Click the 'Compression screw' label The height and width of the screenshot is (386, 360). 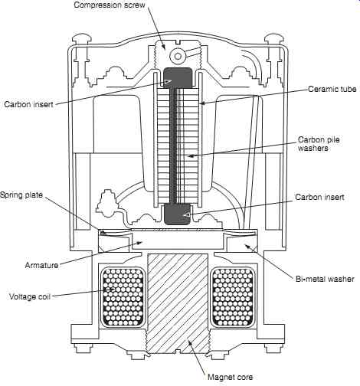110,5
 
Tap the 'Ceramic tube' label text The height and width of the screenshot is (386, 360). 332,89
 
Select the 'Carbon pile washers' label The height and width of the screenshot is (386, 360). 319,144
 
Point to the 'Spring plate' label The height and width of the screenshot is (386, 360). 21,195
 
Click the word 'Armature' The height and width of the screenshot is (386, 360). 41,265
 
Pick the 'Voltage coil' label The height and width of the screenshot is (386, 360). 30,296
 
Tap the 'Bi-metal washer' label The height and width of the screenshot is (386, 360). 325,279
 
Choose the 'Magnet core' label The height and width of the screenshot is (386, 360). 230,377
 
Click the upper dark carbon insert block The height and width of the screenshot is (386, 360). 178,78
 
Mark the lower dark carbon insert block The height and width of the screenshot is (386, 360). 178,214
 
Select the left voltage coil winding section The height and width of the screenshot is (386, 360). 123,297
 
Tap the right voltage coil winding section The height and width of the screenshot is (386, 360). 234,297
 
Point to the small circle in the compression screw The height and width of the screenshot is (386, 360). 178,56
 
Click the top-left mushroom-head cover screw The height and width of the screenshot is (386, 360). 82,40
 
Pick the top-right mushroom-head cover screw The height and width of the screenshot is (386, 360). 273,40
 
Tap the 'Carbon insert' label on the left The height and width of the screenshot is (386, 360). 28,104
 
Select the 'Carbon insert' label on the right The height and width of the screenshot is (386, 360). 319,197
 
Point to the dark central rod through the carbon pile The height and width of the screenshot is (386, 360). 174,146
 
